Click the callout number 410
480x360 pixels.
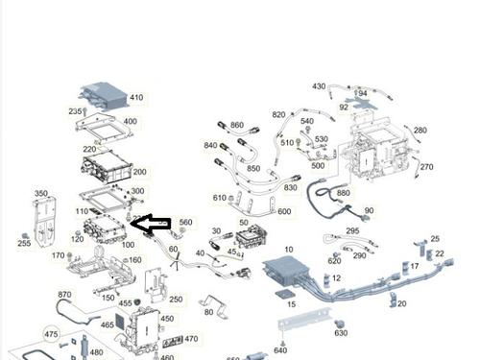(x=135, y=98)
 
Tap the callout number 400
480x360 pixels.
(x=130, y=122)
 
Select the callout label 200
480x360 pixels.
(x=139, y=172)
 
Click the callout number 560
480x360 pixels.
(x=185, y=223)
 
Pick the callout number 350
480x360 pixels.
(x=41, y=194)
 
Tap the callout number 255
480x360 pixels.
(x=24, y=244)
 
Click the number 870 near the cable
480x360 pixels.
(x=64, y=295)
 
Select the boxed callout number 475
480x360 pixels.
(x=52, y=334)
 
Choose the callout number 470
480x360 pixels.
(x=191, y=339)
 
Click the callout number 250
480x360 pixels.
(x=175, y=300)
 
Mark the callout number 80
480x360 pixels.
(x=208, y=312)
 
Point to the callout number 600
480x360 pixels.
(x=284, y=212)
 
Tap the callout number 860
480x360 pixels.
(x=237, y=126)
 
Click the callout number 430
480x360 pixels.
(x=319, y=86)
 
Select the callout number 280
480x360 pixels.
(x=420, y=130)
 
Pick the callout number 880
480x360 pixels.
(x=343, y=193)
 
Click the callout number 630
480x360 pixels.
(x=341, y=333)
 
